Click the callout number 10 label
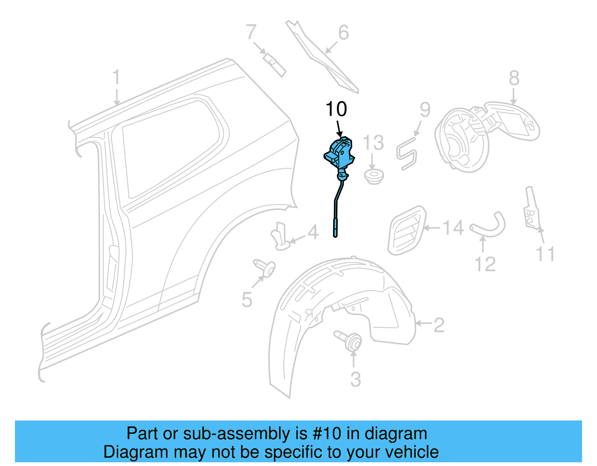pos(336,109)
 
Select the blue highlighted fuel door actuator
pos(339,155)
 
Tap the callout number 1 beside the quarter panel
pos(116,77)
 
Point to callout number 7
pos(251,32)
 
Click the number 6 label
pos(343,33)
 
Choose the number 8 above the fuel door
pos(514,78)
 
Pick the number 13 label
pos(373,143)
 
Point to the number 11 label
pos(545,254)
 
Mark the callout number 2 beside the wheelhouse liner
pos(439,325)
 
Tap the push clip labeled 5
pos(265,268)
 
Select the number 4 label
pos(313,232)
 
